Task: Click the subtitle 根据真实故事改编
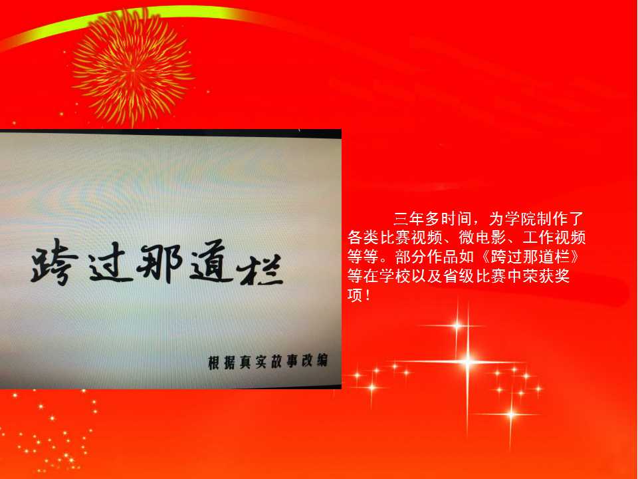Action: click(268, 362)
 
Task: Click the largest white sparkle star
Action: click(467, 361)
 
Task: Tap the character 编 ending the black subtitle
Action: click(322, 361)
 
